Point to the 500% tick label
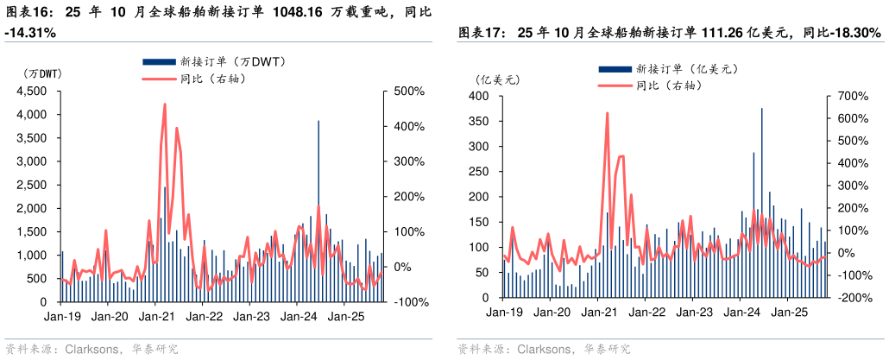point(409,91)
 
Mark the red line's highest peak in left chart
point(164,104)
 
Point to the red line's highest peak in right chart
point(607,113)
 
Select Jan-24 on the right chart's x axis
point(742,312)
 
